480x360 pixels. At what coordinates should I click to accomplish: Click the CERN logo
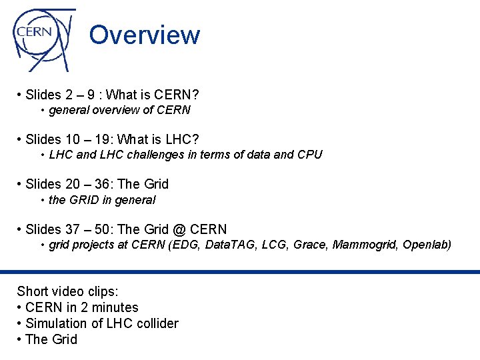pyautogui.click(x=41, y=39)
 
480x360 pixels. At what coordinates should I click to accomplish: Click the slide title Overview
pyautogui.click(x=144, y=35)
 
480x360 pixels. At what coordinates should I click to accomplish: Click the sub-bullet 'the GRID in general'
pyautogui.click(x=102, y=199)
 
